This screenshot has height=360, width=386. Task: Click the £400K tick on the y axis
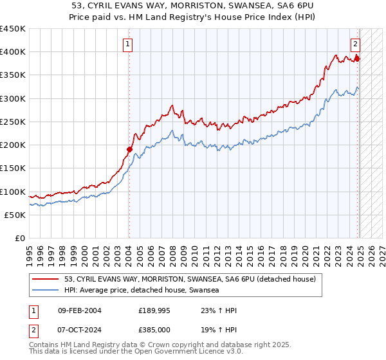(x=13, y=52)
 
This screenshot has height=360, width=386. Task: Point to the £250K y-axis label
(x=13, y=122)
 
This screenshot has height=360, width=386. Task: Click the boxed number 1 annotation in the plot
(x=129, y=44)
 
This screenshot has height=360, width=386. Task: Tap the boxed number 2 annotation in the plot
(x=355, y=44)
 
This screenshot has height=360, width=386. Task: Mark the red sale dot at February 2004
(x=129, y=149)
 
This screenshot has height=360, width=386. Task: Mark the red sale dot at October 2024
(x=358, y=59)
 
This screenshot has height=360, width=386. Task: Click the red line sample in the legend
(x=46, y=279)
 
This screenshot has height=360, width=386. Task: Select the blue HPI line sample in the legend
(x=46, y=290)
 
